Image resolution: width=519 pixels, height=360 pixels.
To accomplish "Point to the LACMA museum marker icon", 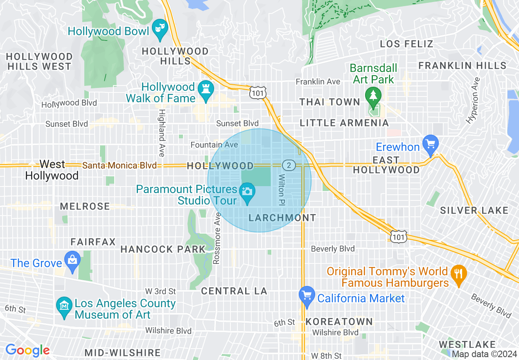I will (64, 308).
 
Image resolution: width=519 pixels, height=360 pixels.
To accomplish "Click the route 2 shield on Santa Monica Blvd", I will (289, 165).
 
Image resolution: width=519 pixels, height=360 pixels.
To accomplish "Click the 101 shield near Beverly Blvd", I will (398, 236).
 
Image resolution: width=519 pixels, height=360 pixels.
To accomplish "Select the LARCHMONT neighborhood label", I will (282, 218).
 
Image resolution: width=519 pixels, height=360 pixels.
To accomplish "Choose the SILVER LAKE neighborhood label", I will (474, 211).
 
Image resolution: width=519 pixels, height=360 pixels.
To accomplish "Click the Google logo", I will (27, 350).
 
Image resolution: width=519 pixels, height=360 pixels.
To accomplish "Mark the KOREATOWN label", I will (339, 322).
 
